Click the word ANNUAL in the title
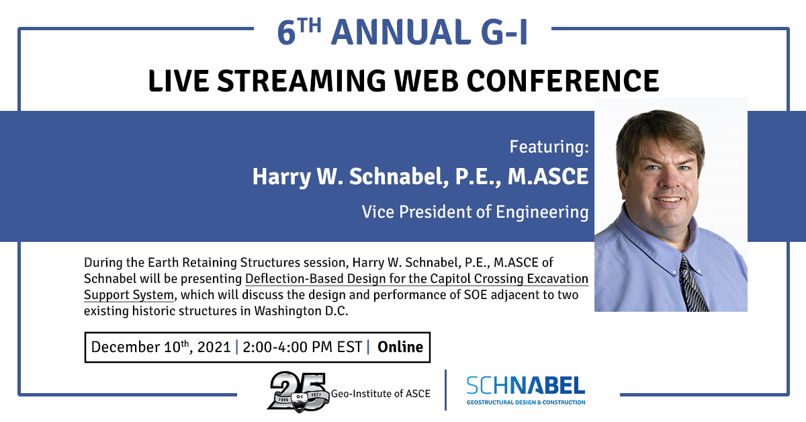click(400, 32)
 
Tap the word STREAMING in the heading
click(302, 81)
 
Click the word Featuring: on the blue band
click(549, 146)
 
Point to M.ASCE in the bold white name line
click(548, 176)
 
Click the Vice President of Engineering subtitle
click(475, 212)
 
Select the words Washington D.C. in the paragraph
click(301, 310)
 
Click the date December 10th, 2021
click(161, 347)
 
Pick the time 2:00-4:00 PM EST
click(302, 347)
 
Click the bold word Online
click(400, 347)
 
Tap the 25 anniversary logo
click(298, 392)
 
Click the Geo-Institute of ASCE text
click(381, 394)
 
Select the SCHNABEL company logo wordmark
click(526, 386)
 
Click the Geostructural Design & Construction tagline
click(526, 403)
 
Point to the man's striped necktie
click(692, 284)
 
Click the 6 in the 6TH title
click(286, 33)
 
